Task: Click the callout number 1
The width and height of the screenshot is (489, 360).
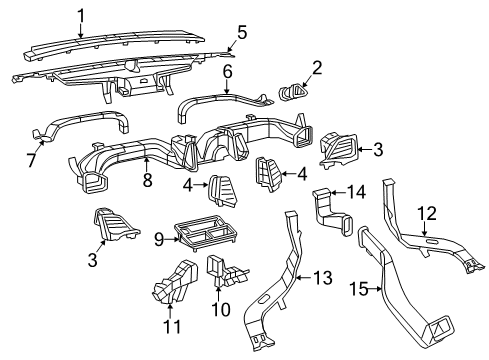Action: click(x=82, y=13)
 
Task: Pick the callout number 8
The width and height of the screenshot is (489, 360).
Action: click(x=148, y=181)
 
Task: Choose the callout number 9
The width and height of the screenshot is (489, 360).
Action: click(x=158, y=239)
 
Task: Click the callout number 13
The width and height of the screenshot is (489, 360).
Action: click(x=322, y=276)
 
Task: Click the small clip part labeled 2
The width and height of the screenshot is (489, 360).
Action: click(x=291, y=94)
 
